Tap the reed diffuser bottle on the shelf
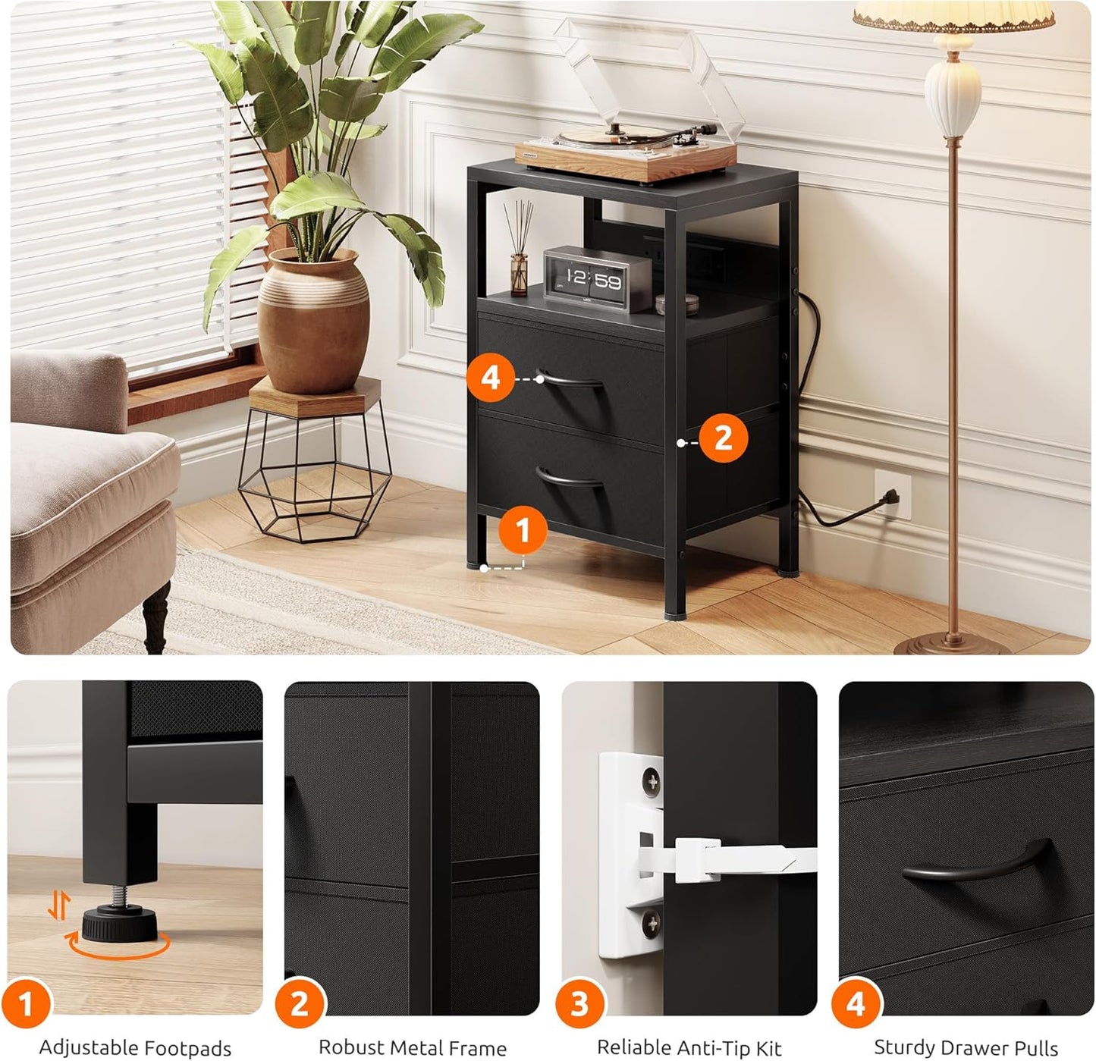point(519,274)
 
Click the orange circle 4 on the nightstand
point(491,378)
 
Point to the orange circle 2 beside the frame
point(723,438)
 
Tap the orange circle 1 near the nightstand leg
point(523,530)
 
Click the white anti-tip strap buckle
point(699,859)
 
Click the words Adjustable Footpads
point(135,1047)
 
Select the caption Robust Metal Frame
point(412,1047)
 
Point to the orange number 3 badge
point(579,1003)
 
